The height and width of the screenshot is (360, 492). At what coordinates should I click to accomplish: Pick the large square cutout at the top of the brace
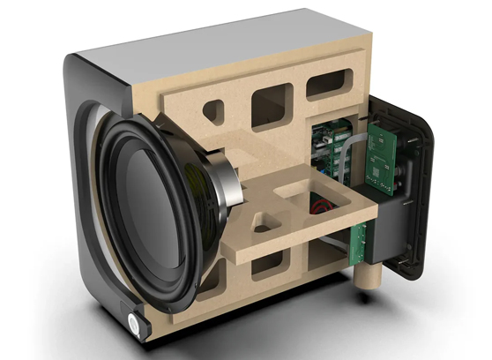click(x=271, y=108)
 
